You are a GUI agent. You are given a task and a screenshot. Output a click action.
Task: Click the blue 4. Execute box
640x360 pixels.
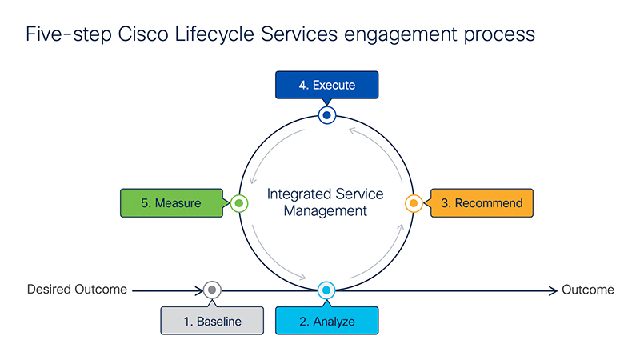tap(326, 85)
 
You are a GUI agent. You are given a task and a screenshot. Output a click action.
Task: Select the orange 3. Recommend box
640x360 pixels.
tap(482, 203)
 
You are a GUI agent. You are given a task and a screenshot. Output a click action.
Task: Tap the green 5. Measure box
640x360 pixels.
tap(171, 203)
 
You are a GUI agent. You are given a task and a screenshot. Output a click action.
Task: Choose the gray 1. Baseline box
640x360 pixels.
tap(212, 321)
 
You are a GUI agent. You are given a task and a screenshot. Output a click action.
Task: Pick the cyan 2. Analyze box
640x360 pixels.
tap(326, 321)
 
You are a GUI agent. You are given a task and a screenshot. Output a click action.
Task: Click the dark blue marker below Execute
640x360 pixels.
tap(327, 115)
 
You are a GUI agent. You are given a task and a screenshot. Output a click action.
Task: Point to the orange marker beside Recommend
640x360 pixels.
tap(414, 203)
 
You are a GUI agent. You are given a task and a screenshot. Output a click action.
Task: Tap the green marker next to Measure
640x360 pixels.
tap(239, 203)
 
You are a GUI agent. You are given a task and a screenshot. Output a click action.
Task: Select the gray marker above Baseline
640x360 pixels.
tap(212, 290)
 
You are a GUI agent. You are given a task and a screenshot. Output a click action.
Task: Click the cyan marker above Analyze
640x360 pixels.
tap(326, 290)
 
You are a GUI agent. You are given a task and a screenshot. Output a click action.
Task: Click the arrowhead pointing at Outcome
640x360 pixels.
tap(554, 290)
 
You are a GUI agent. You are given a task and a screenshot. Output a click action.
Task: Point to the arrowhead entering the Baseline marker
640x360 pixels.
tap(198, 290)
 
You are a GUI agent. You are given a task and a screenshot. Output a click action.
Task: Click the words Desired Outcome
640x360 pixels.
tap(77, 290)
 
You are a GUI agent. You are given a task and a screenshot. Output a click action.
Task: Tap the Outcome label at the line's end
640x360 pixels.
tap(588, 290)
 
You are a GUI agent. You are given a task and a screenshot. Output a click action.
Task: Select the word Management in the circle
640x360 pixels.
tap(326, 211)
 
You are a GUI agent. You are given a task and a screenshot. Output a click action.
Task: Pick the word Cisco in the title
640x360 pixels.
tap(143, 34)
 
